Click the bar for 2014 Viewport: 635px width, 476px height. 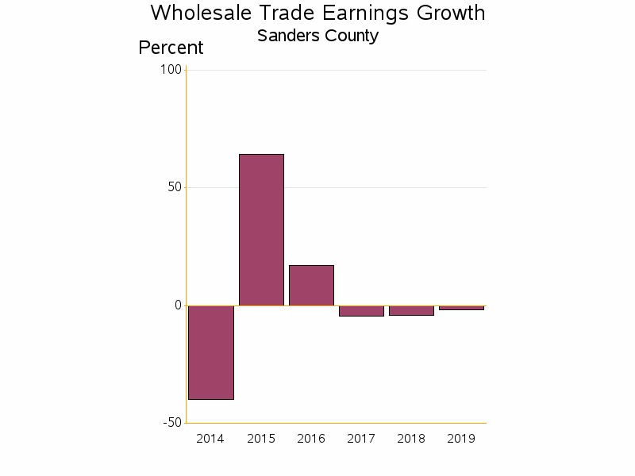pyautogui.click(x=211, y=352)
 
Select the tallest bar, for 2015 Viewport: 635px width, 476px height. pyautogui.click(x=261, y=229)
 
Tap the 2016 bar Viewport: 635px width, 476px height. pyautogui.click(x=311, y=285)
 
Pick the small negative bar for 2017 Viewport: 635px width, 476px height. pyautogui.click(x=361, y=311)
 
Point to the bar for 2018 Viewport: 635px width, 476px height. pyautogui.click(x=411, y=310)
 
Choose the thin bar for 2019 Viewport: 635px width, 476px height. pyautogui.click(x=461, y=307)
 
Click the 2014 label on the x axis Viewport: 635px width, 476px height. pyautogui.click(x=210, y=439)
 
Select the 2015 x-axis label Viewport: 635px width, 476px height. pyautogui.click(x=261, y=439)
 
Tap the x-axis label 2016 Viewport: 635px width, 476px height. pyautogui.click(x=311, y=439)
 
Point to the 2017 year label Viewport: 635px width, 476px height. pyautogui.click(x=361, y=439)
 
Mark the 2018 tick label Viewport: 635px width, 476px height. pyautogui.click(x=411, y=439)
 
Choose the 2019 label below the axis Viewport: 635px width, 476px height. pyautogui.click(x=461, y=439)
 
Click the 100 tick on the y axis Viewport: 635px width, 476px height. pyautogui.click(x=171, y=70)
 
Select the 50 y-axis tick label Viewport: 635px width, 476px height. pyautogui.click(x=174, y=187)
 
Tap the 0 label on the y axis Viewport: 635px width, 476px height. pyautogui.click(x=178, y=305)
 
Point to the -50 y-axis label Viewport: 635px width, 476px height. pyautogui.click(x=171, y=423)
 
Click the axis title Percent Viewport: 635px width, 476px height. pyautogui.click(x=171, y=48)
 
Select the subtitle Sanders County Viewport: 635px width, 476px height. pyautogui.click(x=317, y=36)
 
